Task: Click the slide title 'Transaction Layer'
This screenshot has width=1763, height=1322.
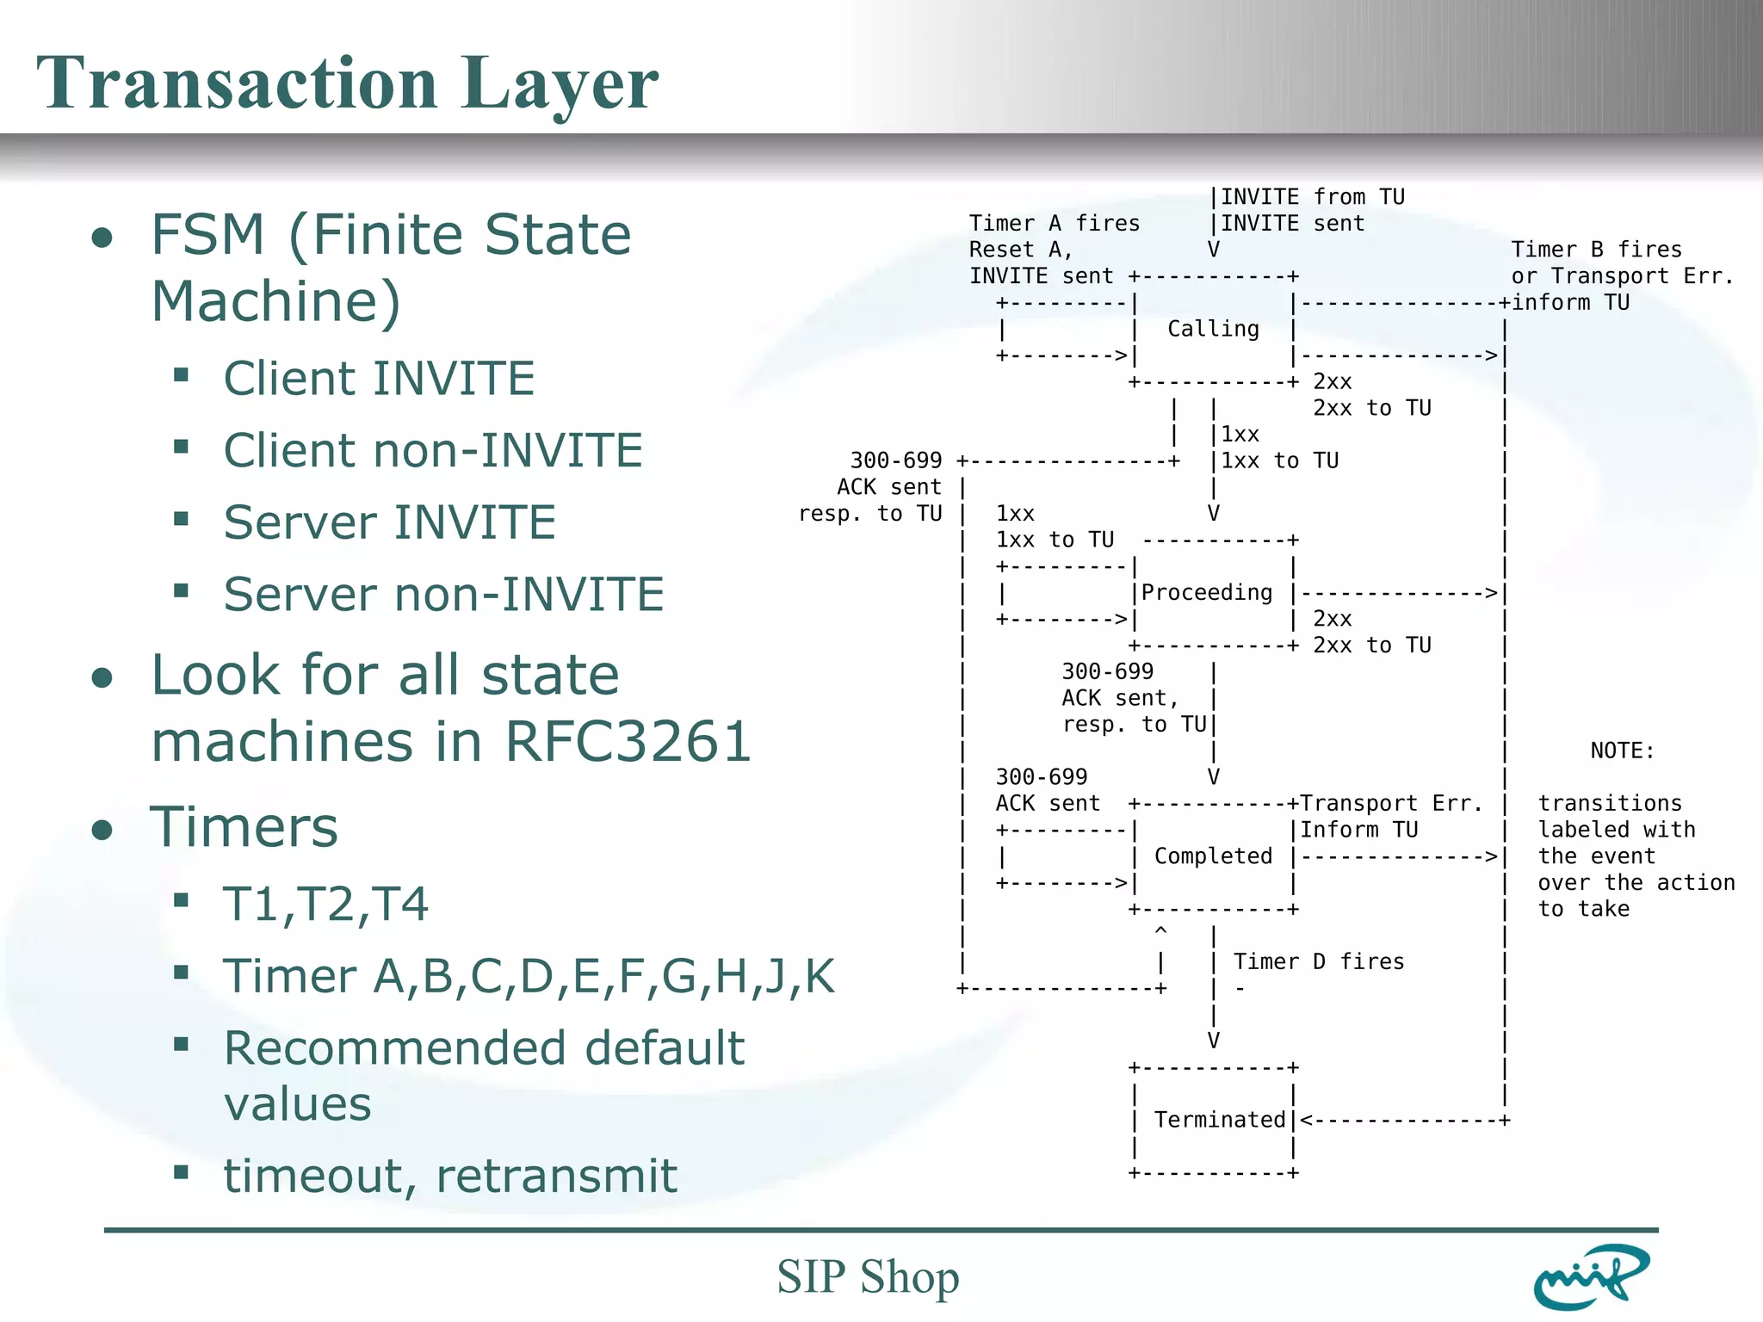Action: click(347, 83)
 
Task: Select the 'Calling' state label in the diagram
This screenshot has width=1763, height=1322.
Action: click(1213, 329)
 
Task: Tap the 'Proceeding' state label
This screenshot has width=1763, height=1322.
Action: click(1207, 592)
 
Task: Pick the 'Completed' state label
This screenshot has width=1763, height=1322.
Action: click(1213, 856)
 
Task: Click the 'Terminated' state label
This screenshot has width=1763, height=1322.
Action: click(1219, 1119)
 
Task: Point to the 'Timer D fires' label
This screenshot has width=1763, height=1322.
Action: click(1318, 961)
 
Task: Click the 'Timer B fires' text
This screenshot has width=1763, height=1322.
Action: click(1596, 250)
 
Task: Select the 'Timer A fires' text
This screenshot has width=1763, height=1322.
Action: click(1054, 224)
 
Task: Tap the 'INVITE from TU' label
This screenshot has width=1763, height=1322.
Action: click(1312, 197)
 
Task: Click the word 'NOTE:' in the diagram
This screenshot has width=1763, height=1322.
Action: click(1622, 751)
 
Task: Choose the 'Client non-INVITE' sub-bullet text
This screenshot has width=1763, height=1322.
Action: click(433, 450)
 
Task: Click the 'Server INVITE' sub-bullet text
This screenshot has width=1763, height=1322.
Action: click(389, 522)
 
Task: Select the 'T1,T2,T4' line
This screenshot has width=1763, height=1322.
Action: click(325, 904)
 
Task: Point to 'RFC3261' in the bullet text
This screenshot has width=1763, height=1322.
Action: click(628, 741)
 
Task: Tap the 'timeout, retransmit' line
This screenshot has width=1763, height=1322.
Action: click(450, 1176)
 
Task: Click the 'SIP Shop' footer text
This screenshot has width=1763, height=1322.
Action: click(868, 1276)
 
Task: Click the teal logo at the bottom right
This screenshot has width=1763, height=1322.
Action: click(1591, 1277)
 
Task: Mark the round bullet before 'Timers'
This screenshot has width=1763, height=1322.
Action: click(102, 830)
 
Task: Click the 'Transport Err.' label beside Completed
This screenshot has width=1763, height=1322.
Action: click(1391, 803)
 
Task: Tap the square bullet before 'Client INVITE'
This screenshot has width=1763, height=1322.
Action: click(181, 374)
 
